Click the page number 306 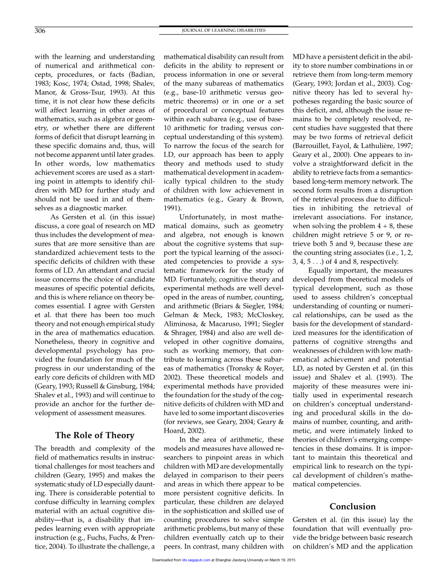pos(40,31)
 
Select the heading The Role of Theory pos(95,435)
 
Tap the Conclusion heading pos(353,506)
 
